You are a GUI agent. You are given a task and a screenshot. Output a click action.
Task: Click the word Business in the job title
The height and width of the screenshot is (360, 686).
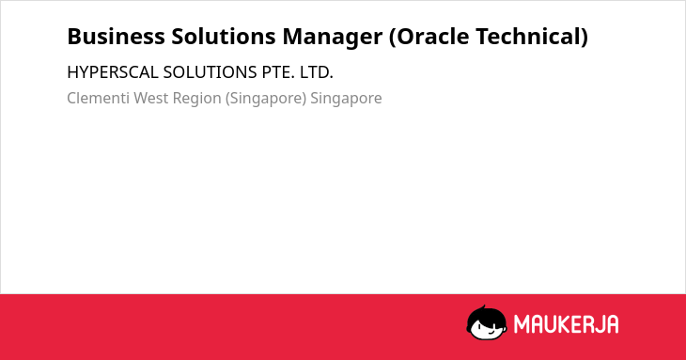pos(116,37)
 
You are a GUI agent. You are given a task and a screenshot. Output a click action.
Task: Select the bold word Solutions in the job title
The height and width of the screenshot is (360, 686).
pos(223,37)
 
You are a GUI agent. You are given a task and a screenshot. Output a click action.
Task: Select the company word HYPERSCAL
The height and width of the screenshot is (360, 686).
pos(113,72)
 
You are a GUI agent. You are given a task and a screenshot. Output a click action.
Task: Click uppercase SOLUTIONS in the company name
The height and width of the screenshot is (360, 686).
pos(210,72)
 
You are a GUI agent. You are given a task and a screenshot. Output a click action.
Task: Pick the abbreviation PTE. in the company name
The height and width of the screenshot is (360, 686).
pos(278,72)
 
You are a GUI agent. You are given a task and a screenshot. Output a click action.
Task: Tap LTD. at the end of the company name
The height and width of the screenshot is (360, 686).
pos(317,72)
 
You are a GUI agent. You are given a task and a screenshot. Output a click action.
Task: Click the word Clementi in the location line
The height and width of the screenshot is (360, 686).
pos(98,98)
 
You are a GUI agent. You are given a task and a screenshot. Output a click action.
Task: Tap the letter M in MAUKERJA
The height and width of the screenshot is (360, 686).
pos(522,324)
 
